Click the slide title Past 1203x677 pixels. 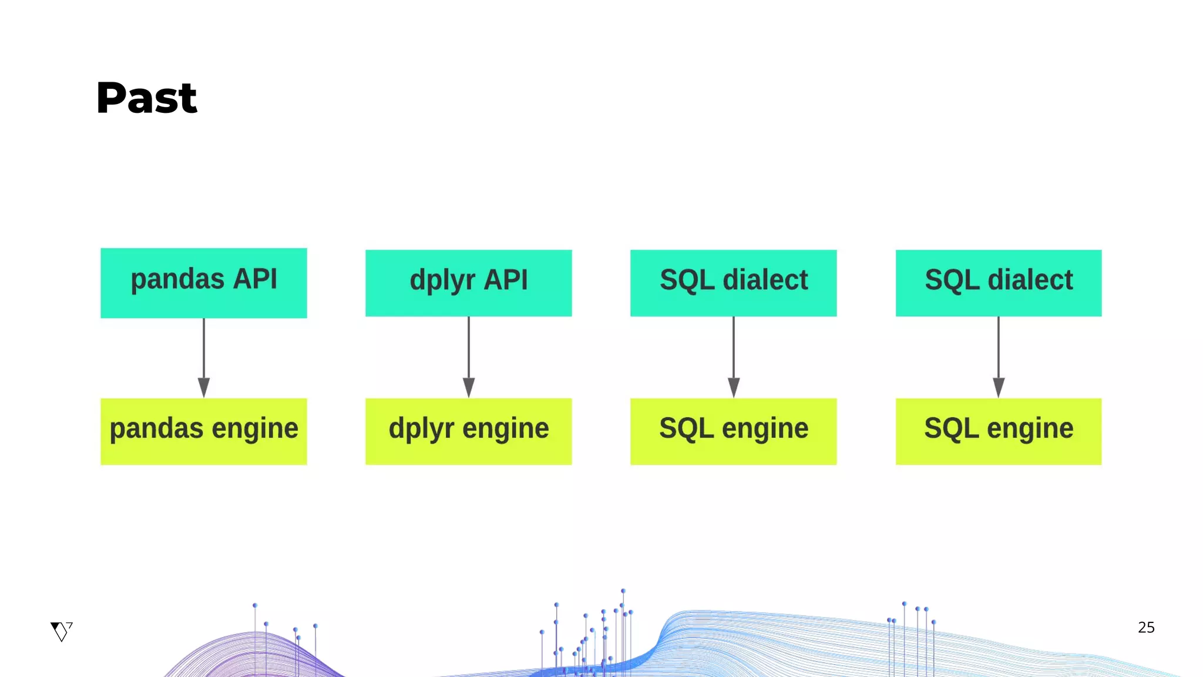pyautogui.click(x=147, y=98)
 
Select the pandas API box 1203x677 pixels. pyautogui.click(x=203, y=283)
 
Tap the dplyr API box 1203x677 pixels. pyautogui.click(x=468, y=283)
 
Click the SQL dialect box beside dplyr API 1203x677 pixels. pyautogui.click(x=733, y=283)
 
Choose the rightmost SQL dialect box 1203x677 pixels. pyautogui.click(x=998, y=283)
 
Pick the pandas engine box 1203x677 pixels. pyautogui.click(x=203, y=431)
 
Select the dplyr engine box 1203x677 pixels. pyautogui.click(x=468, y=431)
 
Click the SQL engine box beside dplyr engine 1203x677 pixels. pyautogui.click(x=733, y=431)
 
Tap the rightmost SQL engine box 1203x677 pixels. pyautogui.click(x=998, y=431)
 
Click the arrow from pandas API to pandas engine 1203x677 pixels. pyautogui.click(x=204, y=353)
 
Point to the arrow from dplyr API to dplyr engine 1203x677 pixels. pyautogui.click(x=469, y=353)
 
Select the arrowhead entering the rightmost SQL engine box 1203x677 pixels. pyautogui.click(x=999, y=388)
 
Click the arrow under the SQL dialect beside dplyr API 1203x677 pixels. pyautogui.click(x=734, y=353)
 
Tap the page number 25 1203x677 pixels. pyautogui.click(x=1146, y=628)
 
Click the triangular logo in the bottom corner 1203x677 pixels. pyautogui.click(x=61, y=631)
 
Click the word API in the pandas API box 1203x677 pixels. pyautogui.click(x=255, y=279)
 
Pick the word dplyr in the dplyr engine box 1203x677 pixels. pyautogui.click(x=421, y=428)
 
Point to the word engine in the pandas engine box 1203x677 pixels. pyautogui.click(x=255, y=428)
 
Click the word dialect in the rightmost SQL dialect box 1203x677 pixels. pyautogui.click(x=1030, y=280)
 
